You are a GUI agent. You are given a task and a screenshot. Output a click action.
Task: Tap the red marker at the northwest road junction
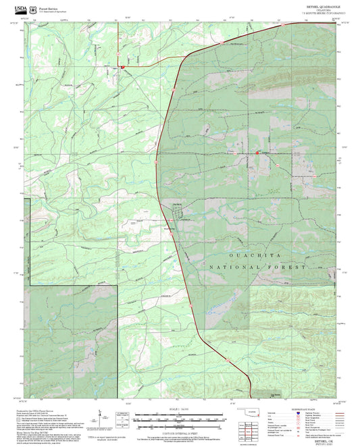[122, 67]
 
